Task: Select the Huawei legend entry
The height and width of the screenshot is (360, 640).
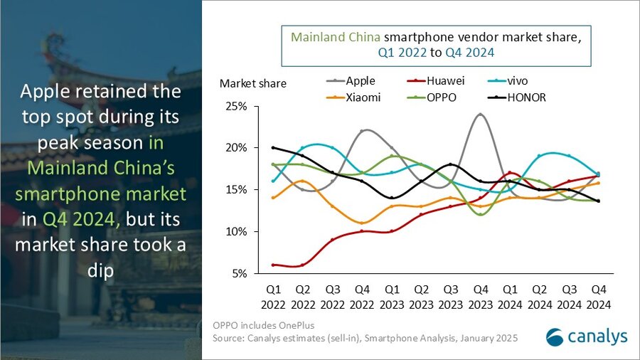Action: pos(444,81)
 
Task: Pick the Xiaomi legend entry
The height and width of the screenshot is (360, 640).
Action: pos(363,97)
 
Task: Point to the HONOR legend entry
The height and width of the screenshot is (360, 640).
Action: pos(526,97)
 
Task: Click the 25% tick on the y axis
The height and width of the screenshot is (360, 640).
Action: pos(236,106)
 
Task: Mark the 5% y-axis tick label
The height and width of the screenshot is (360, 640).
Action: pos(238,273)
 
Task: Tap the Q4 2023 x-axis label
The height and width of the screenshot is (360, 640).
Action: pos(481,297)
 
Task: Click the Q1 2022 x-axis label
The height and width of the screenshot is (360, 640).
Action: pos(273,297)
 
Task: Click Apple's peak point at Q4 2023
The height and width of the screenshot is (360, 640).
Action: pos(481,115)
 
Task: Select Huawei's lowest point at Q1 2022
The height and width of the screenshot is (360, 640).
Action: pos(273,265)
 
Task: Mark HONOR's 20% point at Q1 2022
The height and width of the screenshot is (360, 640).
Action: pos(273,148)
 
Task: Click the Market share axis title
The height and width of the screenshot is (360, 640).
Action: pos(252,83)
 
